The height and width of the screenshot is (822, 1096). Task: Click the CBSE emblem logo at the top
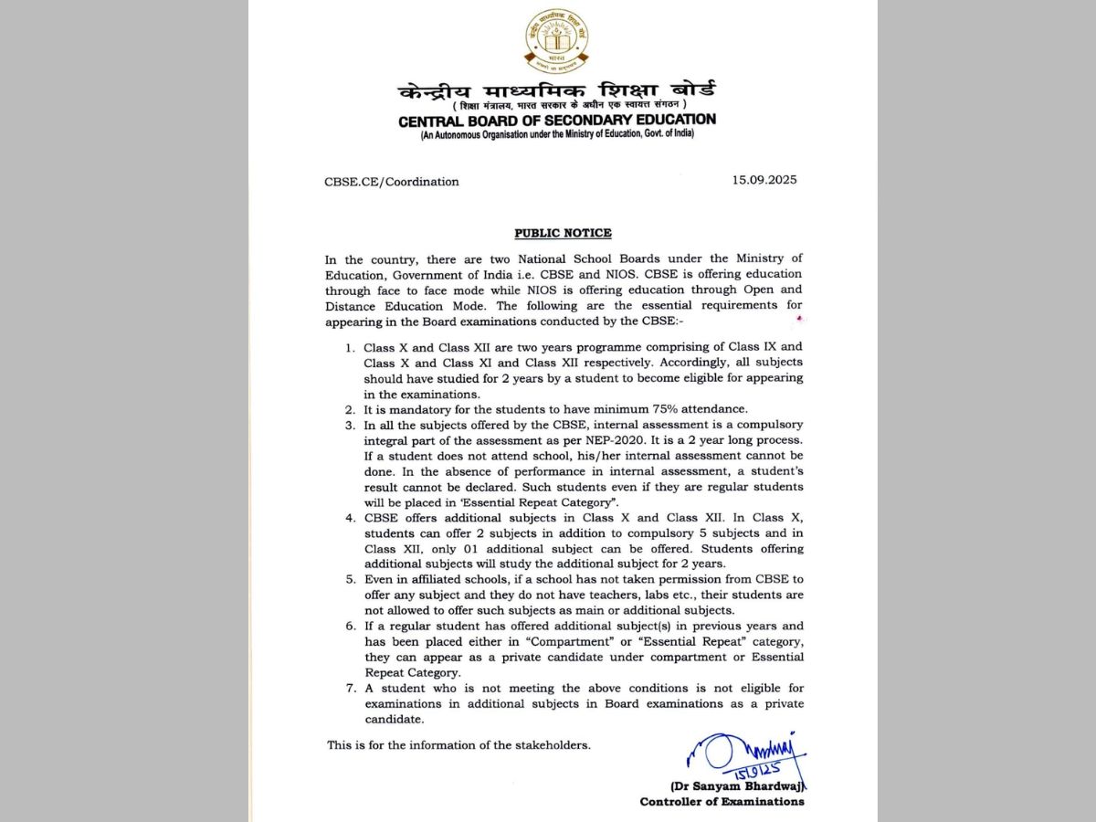pyautogui.click(x=556, y=40)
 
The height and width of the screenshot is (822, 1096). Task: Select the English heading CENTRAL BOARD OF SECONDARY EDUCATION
pyautogui.click(x=556, y=120)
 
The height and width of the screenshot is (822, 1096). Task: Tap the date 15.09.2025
pyautogui.click(x=764, y=180)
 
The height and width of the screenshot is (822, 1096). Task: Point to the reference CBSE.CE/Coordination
pyautogui.click(x=392, y=182)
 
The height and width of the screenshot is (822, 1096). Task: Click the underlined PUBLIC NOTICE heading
pyautogui.click(x=563, y=233)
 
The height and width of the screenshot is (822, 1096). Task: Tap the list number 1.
pyautogui.click(x=350, y=347)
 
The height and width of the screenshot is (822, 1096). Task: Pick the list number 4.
pyautogui.click(x=350, y=518)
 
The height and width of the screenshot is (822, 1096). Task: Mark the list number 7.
pyautogui.click(x=350, y=688)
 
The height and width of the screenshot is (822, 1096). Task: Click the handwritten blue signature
pyautogui.click(x=744, y=757)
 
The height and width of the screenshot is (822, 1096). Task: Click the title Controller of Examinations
pyautogui.click(x=722, y=802)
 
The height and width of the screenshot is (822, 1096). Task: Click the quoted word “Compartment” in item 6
pyautogui.click(x=574, y=641)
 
